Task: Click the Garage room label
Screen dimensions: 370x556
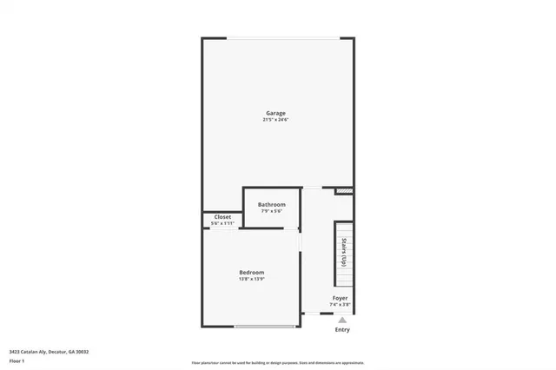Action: pyautogui.click(x=275, y=113)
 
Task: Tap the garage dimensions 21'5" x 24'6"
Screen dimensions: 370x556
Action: pyautogui.click(x=275, y=120)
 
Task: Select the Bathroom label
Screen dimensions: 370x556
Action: pyautogui.click(x=271, y=205)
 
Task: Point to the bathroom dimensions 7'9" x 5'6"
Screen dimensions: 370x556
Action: pyautogui.click(x=271, y=211)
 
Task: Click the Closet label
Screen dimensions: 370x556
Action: pyautogui.click(x=222, y=217)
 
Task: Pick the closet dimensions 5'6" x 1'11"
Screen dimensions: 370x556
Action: pyautogui.click(x=222, y=223)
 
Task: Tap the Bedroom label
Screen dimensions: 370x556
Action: pyautogui.click(x=251, y=272)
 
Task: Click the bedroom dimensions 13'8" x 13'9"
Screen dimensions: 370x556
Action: pyautogui.click(x=251, y=279)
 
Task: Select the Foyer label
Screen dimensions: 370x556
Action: pyautogui.click(x=341, y=298)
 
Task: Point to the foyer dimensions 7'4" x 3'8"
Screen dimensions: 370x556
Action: pyautogui.click(x=341, y=305)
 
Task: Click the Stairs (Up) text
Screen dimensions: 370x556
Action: pyautogui.click(x=344, y=251)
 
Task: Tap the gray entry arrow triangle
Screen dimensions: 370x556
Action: pyautogui.click(x=341, y=320)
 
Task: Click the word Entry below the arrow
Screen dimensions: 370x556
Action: pyautogui.click(x=342, y=330)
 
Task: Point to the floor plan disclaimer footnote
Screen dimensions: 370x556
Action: pyautogui.click(x=277, y=361)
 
